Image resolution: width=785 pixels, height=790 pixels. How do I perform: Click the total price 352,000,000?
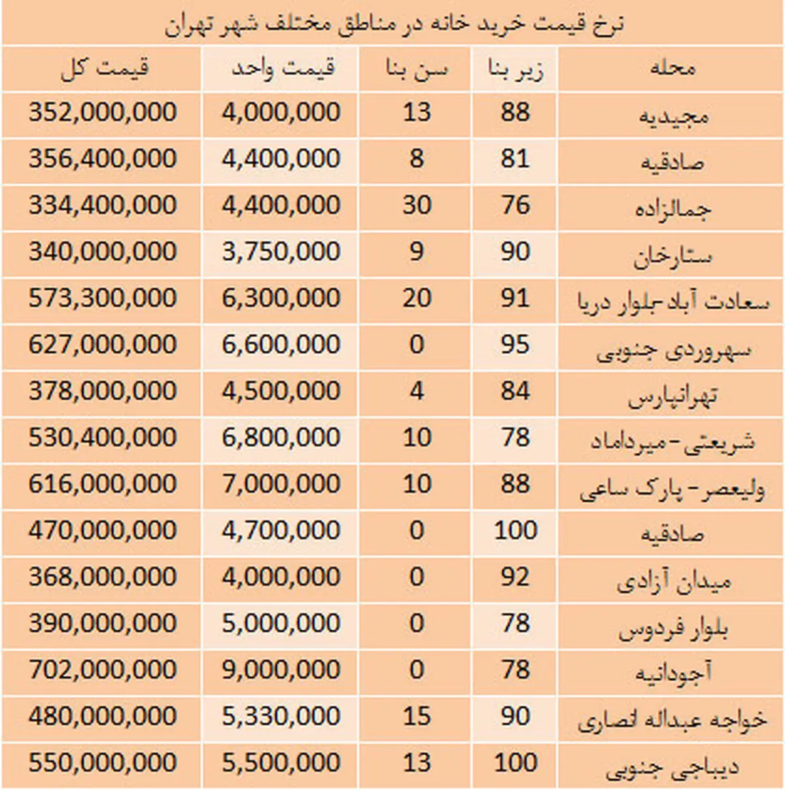coord(103,112)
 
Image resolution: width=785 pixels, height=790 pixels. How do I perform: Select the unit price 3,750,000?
coord(281,252)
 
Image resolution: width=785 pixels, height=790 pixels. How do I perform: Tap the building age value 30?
coord(417,205)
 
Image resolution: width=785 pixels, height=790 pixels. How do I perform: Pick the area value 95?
coord(515,345)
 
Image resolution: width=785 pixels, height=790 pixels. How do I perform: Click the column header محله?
coord(672,68)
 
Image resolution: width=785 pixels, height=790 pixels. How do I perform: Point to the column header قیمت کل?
coord(105,68)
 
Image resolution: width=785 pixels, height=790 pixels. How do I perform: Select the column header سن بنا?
coord(417,69)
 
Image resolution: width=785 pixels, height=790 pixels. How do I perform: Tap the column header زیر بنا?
coord(515,69)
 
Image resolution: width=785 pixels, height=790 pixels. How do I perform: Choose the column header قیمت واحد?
coord(283,68)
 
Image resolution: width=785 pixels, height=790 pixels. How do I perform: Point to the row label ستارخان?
coord(672,255)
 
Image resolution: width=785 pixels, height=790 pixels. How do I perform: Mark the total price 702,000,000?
coord(103,670)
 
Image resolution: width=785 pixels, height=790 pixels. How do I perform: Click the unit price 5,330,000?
coord(281,716)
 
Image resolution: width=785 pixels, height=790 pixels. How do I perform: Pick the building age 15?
coord(417,716)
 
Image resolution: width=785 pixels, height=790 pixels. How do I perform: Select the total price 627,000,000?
coord(103,345)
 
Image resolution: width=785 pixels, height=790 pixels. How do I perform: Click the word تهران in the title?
coord(190,25)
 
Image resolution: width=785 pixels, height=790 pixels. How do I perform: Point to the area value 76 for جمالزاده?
coord(515,205)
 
